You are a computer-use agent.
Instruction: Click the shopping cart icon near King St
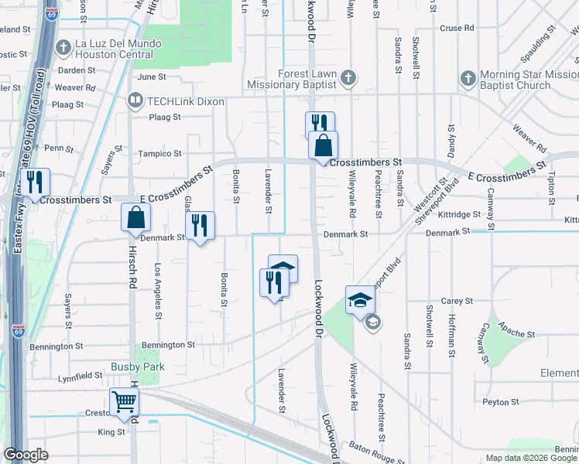(124, 401)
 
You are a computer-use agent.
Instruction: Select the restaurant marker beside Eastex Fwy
(35, 183)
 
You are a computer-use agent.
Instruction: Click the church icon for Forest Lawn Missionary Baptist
(348, 77)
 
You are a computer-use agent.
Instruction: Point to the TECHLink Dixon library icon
(135, 101)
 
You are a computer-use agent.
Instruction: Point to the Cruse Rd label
(456, 28)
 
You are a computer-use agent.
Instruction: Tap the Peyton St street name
(499, 402)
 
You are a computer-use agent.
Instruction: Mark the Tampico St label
(159, 154)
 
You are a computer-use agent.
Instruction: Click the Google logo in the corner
(26, 455)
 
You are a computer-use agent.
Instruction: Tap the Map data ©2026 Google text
(530, 458)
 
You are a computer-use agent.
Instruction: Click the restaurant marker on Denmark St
(200, 225)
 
